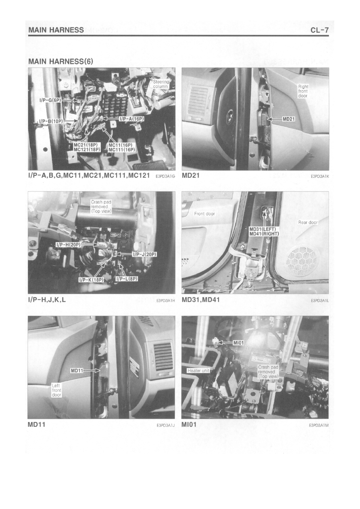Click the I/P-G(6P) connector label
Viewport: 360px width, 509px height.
coord(50,100)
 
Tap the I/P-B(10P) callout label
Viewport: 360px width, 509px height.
coord(51,121)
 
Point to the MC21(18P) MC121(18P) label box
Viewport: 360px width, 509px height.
coord(87,147)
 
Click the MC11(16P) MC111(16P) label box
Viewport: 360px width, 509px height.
coord(122,147)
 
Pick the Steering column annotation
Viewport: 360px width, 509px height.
coord(161,84)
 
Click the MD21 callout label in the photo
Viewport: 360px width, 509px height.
coord(288,119)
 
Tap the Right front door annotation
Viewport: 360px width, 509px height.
coord(303,91)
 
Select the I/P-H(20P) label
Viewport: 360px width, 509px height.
coord(68,245)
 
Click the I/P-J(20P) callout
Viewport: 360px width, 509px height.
coord(145,254)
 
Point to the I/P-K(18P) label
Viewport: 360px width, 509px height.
coord(91,280)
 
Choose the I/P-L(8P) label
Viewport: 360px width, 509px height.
coord(127,279)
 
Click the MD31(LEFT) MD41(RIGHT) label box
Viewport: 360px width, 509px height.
coord(264,231)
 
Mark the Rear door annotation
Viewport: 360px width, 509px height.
coord(308,222)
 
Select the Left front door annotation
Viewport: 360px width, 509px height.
coord(56,390)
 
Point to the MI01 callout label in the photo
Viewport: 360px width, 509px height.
coord(238,343)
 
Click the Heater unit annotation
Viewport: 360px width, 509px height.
coord(198,371)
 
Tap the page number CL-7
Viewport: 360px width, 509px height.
coord(320,30)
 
